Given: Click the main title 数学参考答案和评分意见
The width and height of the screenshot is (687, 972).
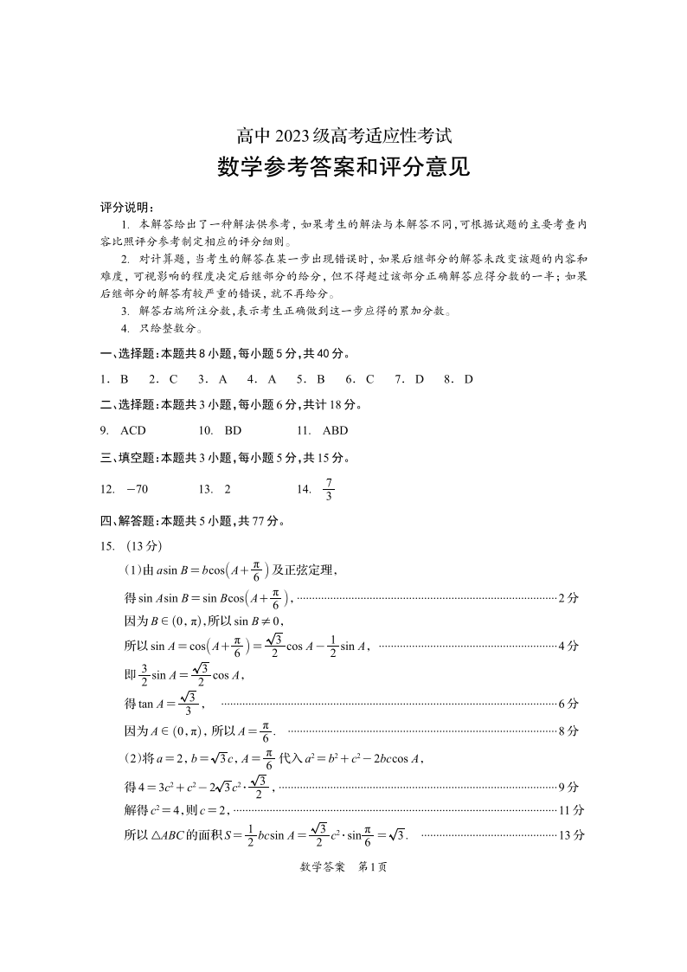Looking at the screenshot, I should click(343, 166).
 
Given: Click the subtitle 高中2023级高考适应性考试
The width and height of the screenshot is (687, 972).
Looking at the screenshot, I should click(343, 136).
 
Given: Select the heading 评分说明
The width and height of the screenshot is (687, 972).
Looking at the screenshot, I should click(126, 207).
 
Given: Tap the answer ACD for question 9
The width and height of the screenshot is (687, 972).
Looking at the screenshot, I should click(133, 430).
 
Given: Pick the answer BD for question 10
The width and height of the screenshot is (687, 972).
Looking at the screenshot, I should click(233, 430).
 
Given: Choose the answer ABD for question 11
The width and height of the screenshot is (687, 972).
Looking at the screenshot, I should click(335, 430).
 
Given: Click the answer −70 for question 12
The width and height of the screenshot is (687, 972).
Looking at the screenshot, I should click(137, 489).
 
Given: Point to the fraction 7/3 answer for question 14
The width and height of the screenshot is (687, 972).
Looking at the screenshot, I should click(328, 490).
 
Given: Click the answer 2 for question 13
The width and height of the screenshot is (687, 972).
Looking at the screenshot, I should click(228, 489).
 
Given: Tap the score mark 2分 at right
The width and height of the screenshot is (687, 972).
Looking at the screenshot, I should click(568, 597).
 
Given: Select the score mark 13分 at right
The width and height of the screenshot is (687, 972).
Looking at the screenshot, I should click(572, 835).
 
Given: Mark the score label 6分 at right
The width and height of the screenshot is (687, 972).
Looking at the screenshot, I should click(568, 704).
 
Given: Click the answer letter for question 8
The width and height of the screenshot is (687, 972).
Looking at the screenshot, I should click(469, 379).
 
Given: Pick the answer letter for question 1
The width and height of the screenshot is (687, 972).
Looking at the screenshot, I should click(124, 379).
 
